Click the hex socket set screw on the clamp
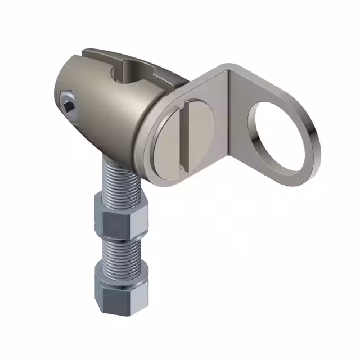(x=69, y=105)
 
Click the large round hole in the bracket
(x=280, y=135)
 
